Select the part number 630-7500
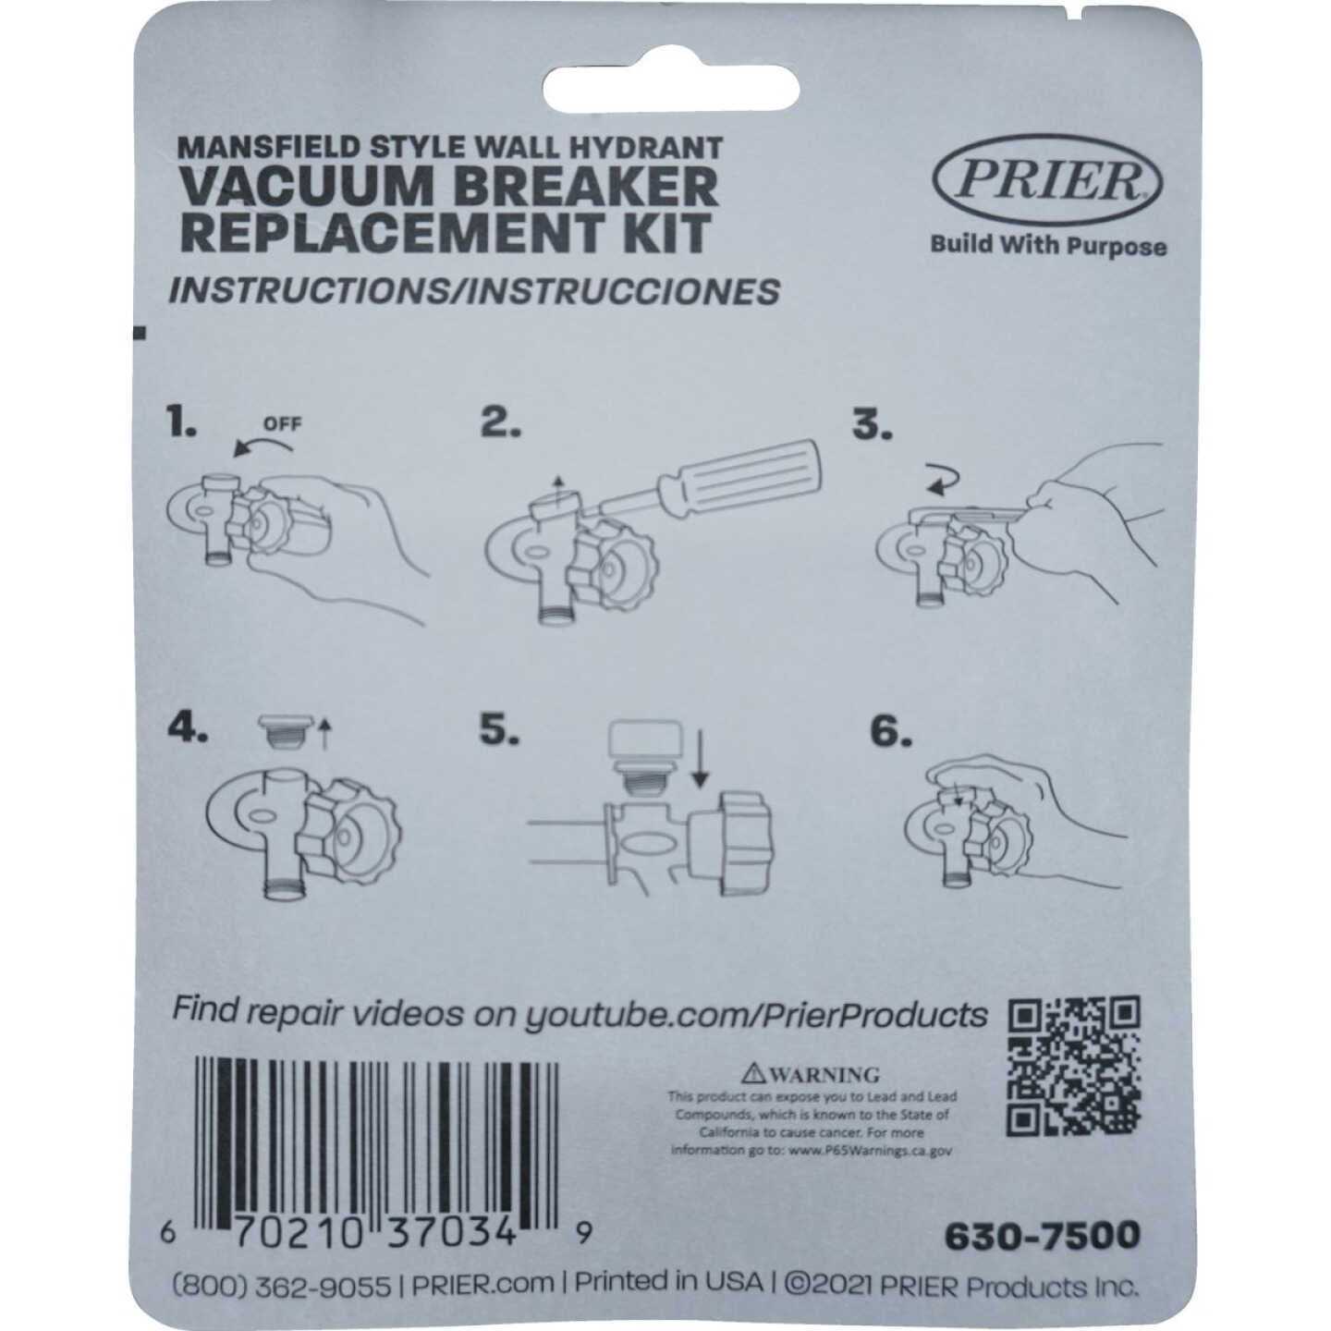[1042, 1235]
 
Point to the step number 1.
[181, 421]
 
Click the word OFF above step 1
[283, 425]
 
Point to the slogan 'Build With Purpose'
[1047, 245]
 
